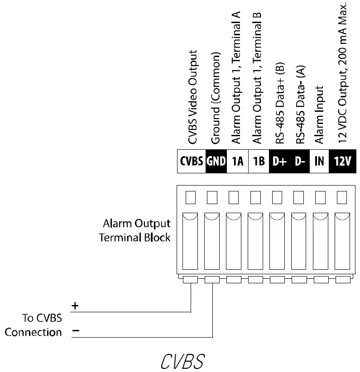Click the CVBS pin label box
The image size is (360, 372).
click(191, 161)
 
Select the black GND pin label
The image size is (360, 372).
click(216, 161)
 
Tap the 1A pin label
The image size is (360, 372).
click(237, 161)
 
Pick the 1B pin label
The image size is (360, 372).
click(259, 161)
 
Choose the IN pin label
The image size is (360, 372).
click(320, 161)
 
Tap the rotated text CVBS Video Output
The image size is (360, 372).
click(192, 97)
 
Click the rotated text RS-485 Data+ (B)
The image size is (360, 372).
click(279, 102)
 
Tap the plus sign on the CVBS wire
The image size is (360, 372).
click(76, 306)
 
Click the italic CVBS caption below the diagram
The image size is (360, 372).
click(182, 361)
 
